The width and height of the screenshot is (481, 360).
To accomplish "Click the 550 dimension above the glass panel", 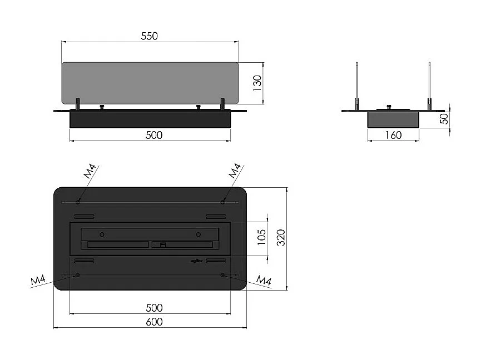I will coord(149,36).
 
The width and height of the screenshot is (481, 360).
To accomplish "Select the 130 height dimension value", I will coord(257,84).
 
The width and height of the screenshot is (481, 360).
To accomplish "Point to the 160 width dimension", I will coord(393,134).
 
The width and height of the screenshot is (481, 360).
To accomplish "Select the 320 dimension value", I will coord(281,238).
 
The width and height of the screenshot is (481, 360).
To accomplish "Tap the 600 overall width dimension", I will coord(153,322).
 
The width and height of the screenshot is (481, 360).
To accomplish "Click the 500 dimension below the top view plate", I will coord(153,308).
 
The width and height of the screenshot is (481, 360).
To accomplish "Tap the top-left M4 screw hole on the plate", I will coord(78,202).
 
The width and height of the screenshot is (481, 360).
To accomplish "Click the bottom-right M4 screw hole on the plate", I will coord(222,275).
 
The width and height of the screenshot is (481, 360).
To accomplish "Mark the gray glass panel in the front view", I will coord(150,83).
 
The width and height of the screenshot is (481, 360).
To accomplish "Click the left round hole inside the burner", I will coord(102,233).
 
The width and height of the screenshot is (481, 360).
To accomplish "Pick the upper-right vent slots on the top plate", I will coord(216,216).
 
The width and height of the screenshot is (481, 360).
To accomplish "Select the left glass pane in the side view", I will coord(356,83).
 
